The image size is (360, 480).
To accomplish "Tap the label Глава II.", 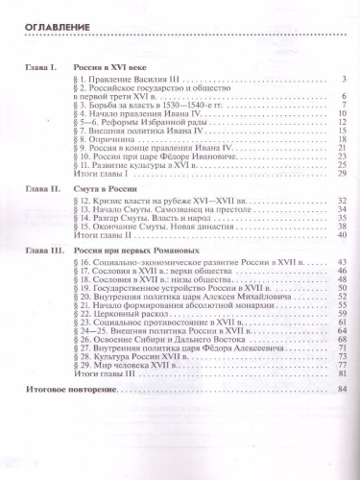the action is point(42,190).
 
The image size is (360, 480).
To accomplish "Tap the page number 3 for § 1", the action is point(343,79).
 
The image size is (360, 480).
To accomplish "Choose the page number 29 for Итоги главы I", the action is point(341,174).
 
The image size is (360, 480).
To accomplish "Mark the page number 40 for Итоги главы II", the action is point(341,234).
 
